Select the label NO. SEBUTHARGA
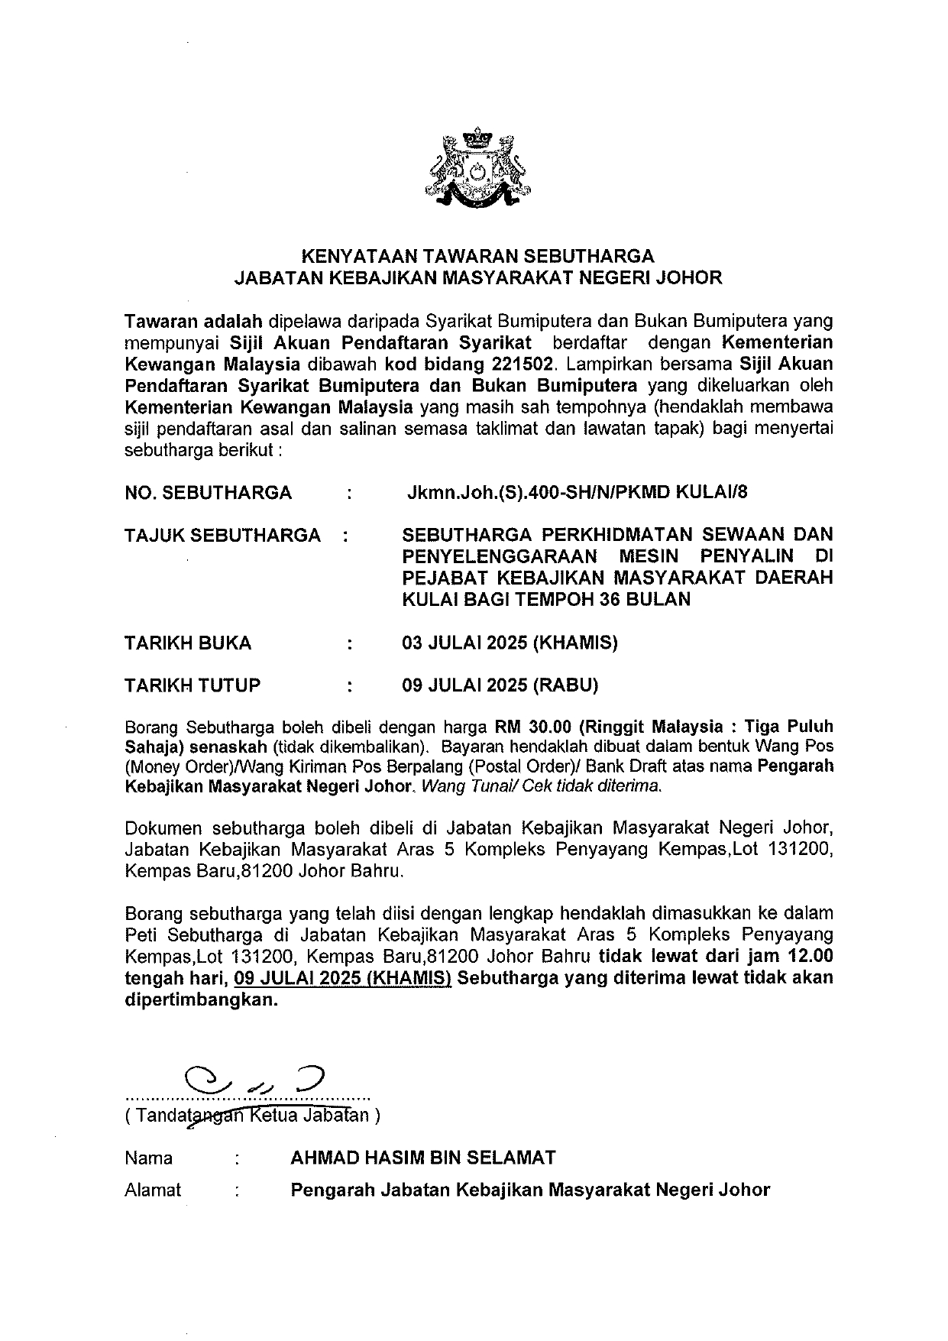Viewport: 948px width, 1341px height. [208, 492]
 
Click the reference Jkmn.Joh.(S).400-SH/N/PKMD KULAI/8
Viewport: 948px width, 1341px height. [578, 492]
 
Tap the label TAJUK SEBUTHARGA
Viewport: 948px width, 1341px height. [222, 535]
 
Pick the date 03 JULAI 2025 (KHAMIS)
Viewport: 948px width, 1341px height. [510, 643]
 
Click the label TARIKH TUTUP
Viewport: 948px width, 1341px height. [192, 685]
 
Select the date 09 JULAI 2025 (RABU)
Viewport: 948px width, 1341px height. [500, 685]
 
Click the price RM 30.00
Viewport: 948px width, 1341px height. [533, 725]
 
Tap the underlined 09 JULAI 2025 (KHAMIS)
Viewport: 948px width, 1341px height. [343, 978]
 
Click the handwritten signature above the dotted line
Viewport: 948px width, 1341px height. [257, 1079]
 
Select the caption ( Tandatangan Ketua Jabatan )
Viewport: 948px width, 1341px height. [252, 1115]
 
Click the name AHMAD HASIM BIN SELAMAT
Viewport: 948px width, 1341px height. [422, 1158]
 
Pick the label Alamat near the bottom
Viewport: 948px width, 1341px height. [153, 1190]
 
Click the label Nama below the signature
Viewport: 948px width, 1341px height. [148, 1158]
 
